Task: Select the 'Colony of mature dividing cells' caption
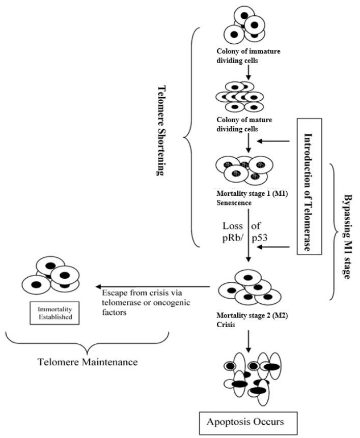click(x=245, y=124)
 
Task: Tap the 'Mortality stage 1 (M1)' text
click(x=246, y=193)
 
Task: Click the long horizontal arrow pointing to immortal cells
click(x=153, y=286)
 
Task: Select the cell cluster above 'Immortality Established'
click(x=51, y=276)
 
